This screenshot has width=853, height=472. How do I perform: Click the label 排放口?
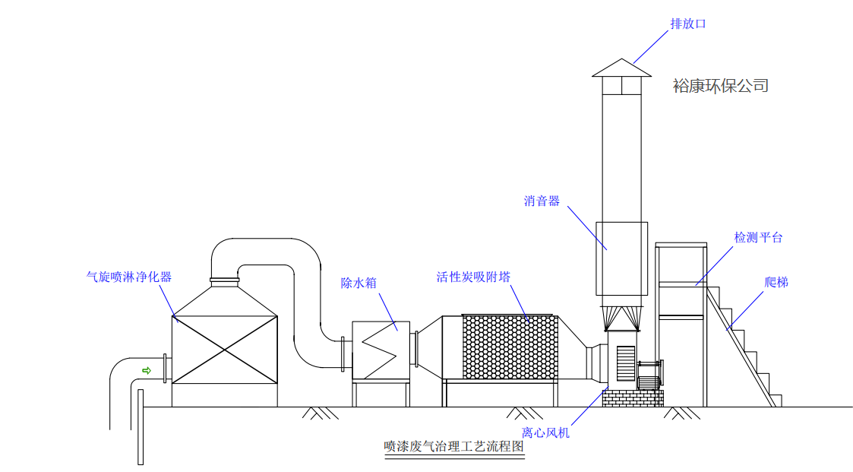[x=688, y=24]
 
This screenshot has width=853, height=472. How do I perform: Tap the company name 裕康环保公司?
[x=720, y=86]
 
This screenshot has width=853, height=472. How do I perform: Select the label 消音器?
[x=542, y=201]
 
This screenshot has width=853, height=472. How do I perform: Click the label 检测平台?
[x=758, y=237]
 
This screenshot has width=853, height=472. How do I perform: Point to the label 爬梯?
[x=776, y=283]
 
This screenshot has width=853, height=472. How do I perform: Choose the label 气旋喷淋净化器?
[x=129, y=277]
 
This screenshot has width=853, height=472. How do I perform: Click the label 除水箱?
[x=359, y=284]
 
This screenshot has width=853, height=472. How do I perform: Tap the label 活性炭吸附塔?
[x=472, y=277]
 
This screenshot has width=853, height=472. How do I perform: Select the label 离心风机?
[x=545, y=432]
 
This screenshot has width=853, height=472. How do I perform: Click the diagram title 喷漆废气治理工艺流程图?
[x=454, y=446]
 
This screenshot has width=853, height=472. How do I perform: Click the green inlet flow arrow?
[x=147, y=370]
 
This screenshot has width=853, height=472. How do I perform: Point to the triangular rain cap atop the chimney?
[x=621, y=68]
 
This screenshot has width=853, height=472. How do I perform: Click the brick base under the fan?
[x=633, y=397]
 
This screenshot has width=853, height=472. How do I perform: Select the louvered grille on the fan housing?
[x=625, y=363]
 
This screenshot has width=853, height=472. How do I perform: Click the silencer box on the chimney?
[x=621, y=258]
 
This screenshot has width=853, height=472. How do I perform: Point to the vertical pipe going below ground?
[x=141, y=426]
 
